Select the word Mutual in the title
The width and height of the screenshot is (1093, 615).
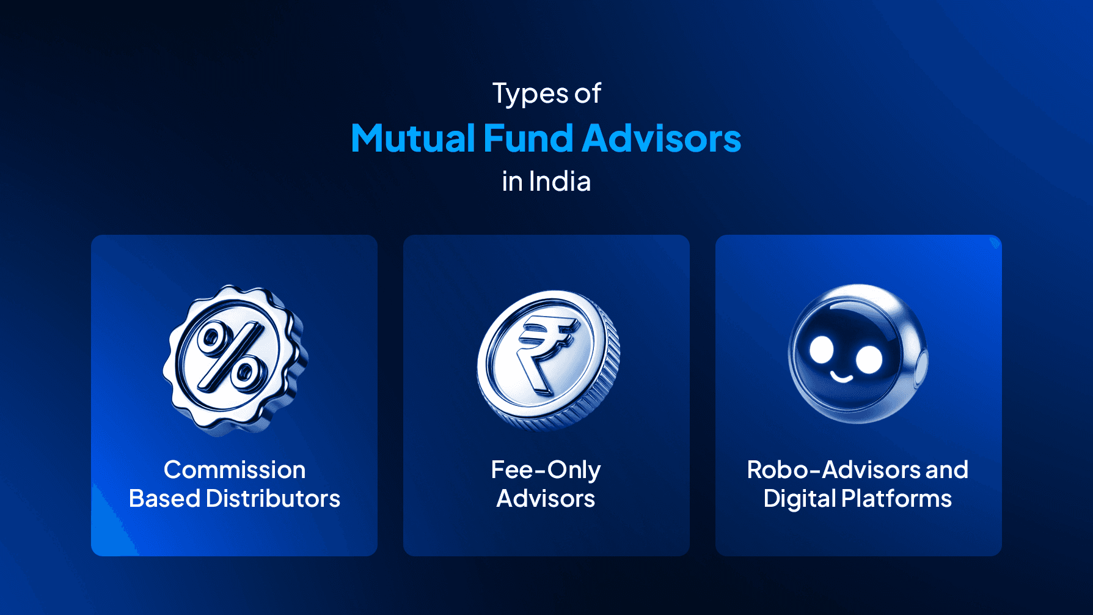coord(413,138)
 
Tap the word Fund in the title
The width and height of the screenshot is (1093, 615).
coord(528,138)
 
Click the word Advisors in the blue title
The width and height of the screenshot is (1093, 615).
coord(661,138)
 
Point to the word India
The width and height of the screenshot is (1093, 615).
coord(560,182)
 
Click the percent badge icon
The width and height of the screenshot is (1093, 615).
coord(235,359)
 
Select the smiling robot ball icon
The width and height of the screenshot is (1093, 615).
coord(858,353)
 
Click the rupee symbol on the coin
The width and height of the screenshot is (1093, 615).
coord(544,355)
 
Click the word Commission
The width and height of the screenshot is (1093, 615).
coord(235,470)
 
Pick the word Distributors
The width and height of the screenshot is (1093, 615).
coord(273,499)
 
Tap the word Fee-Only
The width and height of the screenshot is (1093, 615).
coord(546,470)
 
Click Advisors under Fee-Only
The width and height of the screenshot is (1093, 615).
coord(546,499)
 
